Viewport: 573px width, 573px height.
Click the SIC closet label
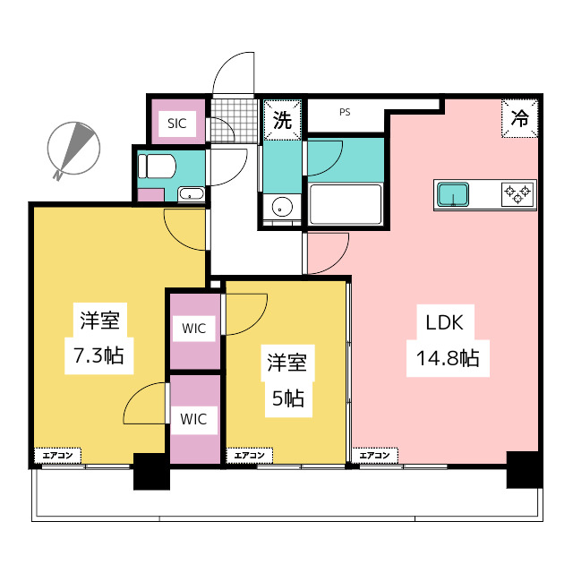[x=176, y=124]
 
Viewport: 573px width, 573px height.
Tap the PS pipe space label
[x=345, y=113]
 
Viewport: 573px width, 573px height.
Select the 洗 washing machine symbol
[x=282, y=121]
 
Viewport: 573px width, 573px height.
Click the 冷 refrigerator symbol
[x=520, y=116]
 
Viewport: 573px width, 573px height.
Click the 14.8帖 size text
[x=447, y=359]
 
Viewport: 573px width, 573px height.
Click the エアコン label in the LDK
[x=375, y=456]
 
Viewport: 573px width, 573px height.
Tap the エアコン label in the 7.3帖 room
[x=58, y=456]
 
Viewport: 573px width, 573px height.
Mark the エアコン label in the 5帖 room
[x=249, y=456]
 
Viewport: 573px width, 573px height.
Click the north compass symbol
[x=71, y=149]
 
